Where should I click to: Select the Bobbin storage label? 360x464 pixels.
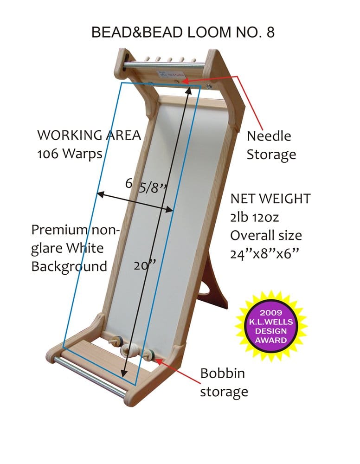(224, 382)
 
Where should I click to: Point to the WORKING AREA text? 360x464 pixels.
(89, 135)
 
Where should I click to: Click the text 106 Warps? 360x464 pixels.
(70, 153)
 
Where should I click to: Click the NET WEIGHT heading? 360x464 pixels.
(270, 199)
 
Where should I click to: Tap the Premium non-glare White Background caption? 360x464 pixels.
(76, 248)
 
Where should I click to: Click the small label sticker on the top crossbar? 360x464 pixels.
(172, 74)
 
